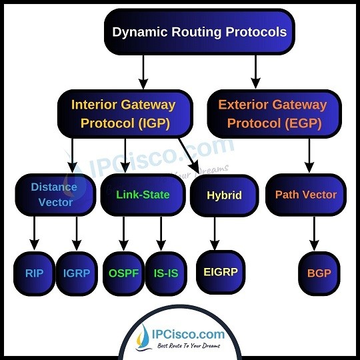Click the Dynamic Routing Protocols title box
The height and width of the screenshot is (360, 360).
[x=199, y=32]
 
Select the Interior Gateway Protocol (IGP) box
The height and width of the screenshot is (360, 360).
[x=125, y=114]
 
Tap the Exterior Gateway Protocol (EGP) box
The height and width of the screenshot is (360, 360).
[x=275, y=114]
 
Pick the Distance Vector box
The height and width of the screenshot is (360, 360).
[x=55, y=195]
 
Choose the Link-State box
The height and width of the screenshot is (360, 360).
[x=143, y=195]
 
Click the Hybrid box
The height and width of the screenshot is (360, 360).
[x=224, y=195]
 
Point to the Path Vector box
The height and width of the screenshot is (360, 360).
[x=306, y=195]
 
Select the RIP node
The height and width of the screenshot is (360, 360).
[x=34, y=273]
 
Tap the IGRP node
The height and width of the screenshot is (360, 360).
[x=77, y=273]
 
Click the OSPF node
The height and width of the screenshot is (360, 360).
[x=123, y=273]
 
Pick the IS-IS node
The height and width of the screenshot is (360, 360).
[x=166, y=273]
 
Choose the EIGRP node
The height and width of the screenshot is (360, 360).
[x=221, y=272]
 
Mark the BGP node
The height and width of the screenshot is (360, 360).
[x=319, y=273]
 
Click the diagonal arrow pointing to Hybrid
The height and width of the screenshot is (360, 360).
[x=189, y=155]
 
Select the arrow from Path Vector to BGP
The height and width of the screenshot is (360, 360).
[x=314, y=233]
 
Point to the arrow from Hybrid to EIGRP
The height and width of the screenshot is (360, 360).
[x=215, y=233]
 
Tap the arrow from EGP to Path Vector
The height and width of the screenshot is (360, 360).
[x=309, y=155]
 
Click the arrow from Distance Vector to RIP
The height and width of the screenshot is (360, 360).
[x=34, y=233]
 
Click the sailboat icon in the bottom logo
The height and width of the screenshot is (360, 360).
[x=143, y=337]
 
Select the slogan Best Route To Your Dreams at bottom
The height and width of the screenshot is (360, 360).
[x=189, y=345]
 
